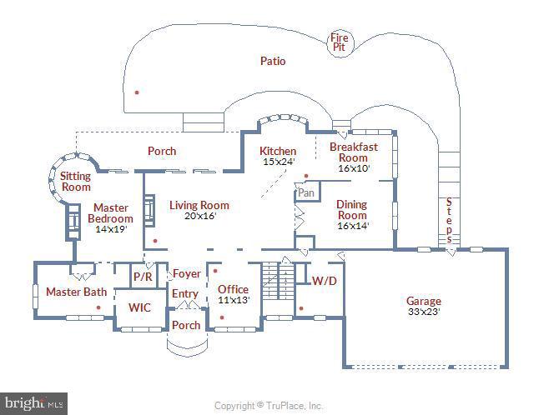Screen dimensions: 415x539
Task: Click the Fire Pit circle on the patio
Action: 340,42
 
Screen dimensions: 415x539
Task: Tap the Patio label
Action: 272,61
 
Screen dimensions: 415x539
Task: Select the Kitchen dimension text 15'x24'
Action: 278,162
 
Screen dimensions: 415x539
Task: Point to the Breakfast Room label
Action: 353,152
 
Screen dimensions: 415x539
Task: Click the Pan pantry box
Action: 306,192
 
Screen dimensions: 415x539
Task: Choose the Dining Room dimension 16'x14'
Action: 352,225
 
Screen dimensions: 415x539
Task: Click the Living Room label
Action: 199,205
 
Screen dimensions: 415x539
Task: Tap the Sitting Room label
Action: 75,182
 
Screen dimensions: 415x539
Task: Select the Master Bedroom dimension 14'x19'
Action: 110,229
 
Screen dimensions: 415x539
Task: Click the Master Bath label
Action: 76,292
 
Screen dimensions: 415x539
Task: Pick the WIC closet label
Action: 139,307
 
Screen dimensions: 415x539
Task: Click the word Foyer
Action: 186,273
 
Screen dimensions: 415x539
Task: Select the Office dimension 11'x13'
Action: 233,300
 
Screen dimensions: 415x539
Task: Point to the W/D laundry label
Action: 324,281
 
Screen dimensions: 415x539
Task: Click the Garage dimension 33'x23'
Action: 423,312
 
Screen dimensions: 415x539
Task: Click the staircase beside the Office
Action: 275,281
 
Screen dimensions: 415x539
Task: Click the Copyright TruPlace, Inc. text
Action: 269,406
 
